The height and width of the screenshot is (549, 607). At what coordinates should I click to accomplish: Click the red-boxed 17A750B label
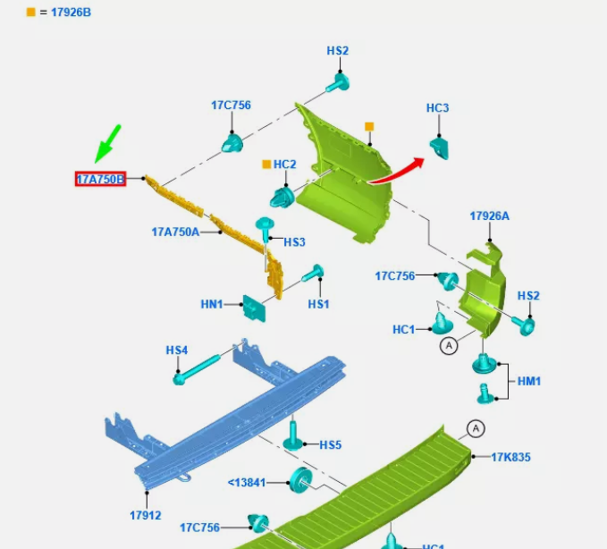coord(100,179)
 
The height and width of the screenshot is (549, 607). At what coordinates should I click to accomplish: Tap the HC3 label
coord(437,108)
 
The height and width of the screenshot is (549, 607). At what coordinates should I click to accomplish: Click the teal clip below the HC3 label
coord(439,146)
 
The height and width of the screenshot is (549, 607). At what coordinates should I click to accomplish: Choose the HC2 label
coord(284,165)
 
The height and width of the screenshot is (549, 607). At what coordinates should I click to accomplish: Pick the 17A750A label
coord(175,232)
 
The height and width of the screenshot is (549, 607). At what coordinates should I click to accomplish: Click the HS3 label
coord(295,241)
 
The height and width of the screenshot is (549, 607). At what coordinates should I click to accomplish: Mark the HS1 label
coord(319,304)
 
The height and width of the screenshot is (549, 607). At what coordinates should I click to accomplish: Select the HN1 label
coord(212,304)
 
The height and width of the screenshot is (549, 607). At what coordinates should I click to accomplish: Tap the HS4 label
coord(177,350)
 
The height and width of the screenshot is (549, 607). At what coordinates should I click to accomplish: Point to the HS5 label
coord(331,444)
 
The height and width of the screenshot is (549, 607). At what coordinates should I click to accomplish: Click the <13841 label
coord(246,482)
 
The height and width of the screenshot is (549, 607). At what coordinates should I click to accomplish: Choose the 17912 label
coord(145,515)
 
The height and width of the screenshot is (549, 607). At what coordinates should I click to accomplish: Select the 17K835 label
coord(510,457)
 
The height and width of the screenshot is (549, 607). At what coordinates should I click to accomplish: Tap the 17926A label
coord(489,215)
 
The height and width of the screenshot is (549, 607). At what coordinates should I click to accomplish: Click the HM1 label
coord(529,381)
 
